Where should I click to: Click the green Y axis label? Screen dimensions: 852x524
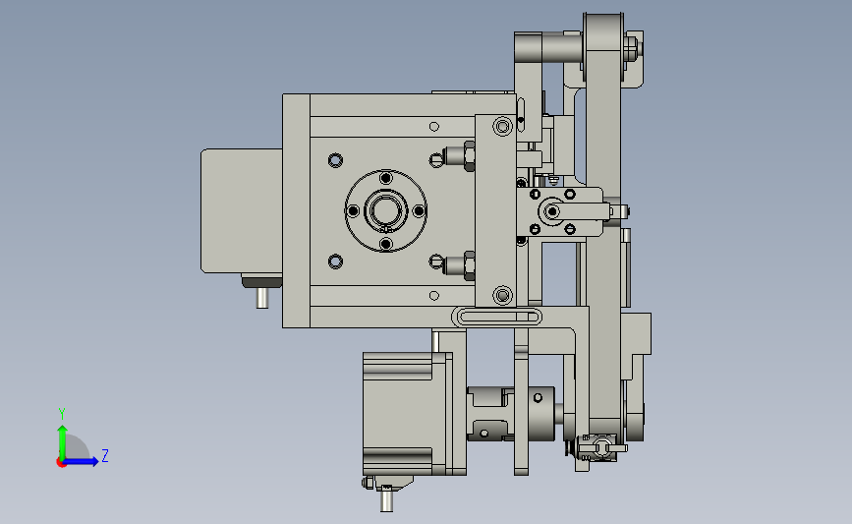pyautogui.click(x=62, y=414)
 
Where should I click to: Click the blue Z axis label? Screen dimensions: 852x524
pyautogui.click(x=105, y=455)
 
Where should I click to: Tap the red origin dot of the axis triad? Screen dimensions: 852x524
pyautogui.click(x=61, y=463)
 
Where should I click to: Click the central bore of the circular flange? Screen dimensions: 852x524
pyautogui.click(x=386, y=210)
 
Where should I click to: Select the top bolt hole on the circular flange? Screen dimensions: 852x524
pyautogui.click(x=386, y=178)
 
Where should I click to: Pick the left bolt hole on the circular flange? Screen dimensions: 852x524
pyautogui.click(x=353, y=210)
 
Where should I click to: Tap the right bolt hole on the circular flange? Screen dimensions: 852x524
pyautogui.click(x=419, y=210)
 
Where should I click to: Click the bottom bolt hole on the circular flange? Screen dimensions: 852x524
pyautogui.click(x=386, y=244)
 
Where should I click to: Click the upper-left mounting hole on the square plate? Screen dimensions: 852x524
pyautogui.click(x=335, y=160)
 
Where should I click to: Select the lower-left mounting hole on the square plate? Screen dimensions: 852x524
pyautogui.click(x=335, y=262)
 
